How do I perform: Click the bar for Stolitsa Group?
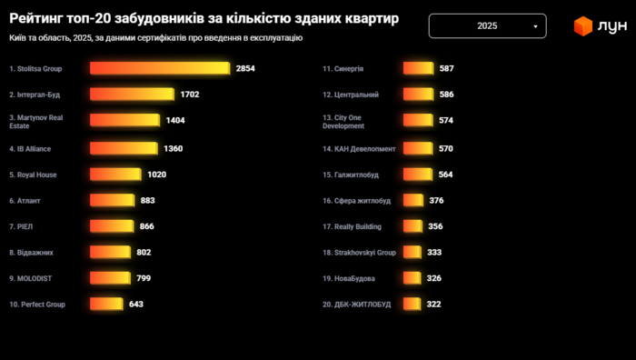[x=160, y=68]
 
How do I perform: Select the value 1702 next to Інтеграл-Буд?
[x=190, y=95]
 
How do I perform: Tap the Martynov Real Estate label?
[x=35, y=121]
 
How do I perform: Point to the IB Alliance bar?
[x=124, y=147]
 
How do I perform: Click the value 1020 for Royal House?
[x=156, y=174]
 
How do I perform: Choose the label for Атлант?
[x=25, y=200]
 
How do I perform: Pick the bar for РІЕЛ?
[x=112, y=226]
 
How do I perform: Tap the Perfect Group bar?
[x=106, y=305]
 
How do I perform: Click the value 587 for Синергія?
[x=446, y=68]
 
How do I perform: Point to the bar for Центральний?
[x=418, y=95]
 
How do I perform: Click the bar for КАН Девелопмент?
[x=418, y=147]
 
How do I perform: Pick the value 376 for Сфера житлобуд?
[x=436, y=200]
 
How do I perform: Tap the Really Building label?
[x=358, y=226]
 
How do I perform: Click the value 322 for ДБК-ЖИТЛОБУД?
[x=433, y=305]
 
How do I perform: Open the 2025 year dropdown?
[x=487, y=26]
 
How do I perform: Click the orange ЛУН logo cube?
[x=582, y=26]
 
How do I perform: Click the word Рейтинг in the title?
[x=35, y=19]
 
